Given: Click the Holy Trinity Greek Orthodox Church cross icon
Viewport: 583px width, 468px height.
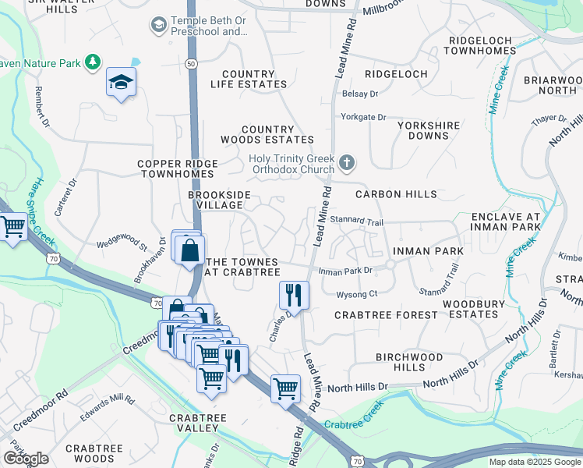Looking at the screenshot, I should click(348, 164).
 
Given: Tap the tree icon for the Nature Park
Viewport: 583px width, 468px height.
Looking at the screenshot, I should click(94, 61).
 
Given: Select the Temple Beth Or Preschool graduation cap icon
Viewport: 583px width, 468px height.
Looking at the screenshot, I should click(160, 26).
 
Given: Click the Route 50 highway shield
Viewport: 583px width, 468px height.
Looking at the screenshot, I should click(192, 62).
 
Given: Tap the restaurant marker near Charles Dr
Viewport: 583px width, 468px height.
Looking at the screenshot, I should click(294, 295).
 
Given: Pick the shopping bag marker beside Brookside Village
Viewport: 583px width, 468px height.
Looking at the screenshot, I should click(190, 251).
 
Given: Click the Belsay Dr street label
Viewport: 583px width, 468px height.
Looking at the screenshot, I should click(359, 94).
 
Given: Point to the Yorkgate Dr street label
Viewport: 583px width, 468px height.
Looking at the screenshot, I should click(363, 117).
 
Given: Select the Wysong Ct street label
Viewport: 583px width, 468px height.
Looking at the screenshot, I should click(356, 294).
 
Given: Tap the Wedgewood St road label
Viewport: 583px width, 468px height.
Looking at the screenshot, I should click(122, 245).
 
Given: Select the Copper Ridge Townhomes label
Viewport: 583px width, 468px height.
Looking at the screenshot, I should click(178, 169).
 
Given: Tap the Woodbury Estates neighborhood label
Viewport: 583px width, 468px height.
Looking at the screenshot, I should click(470, 309).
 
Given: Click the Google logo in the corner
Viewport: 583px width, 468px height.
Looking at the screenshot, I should click(26, 459).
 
